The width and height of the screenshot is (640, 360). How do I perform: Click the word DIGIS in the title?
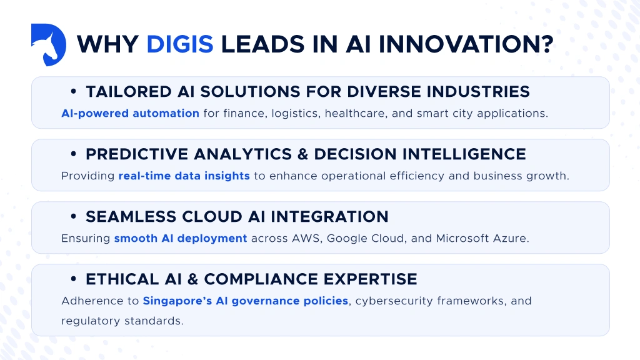point(179,44)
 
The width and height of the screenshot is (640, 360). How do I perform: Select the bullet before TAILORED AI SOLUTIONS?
point(74,92)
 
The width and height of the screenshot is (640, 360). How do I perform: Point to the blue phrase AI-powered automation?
point(130,114)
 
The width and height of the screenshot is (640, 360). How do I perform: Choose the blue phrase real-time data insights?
point(184,176)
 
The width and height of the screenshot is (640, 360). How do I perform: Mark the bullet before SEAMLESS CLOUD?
point(74,217)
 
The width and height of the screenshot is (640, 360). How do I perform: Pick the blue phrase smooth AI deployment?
point(181,239)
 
